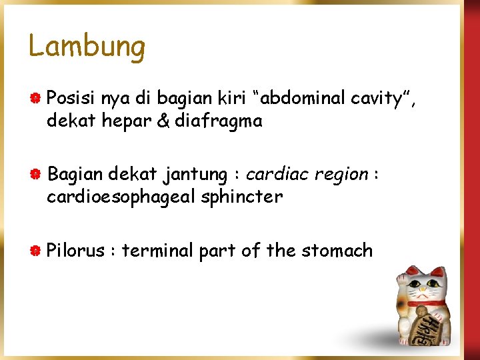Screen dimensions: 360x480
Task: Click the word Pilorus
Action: (x=75, y=251)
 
